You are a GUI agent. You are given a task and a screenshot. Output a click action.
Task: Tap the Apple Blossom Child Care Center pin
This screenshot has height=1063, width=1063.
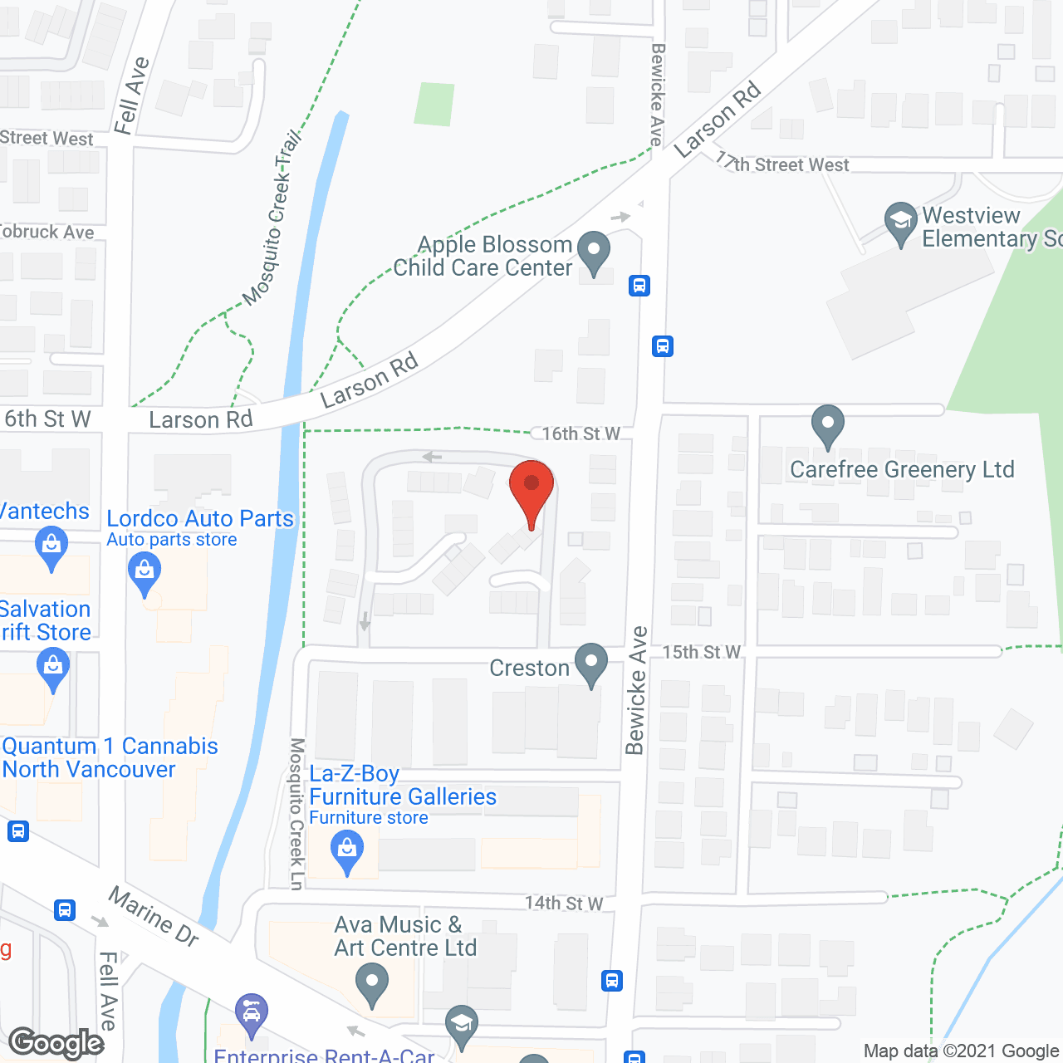click(x=593, y=252)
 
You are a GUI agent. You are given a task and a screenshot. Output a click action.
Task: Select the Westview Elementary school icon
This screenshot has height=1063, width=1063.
click(x=900, y=223)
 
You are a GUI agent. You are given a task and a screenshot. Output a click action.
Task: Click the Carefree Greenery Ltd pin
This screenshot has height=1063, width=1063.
click(x=827, y=425)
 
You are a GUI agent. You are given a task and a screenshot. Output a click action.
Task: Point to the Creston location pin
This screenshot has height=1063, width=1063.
click(x=591, y=664)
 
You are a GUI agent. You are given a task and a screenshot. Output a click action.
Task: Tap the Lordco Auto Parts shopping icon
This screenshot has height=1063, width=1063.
click(x=145, y=573)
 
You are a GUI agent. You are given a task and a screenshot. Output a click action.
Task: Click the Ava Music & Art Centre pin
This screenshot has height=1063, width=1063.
click(x=371, y=986)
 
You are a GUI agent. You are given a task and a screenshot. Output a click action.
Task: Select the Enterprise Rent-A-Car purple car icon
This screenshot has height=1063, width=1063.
click(x=251, y=1013)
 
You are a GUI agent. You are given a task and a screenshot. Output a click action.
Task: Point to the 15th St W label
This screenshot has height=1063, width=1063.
click(x=701, y=652)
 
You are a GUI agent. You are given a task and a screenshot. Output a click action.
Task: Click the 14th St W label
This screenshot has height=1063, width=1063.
click(x=564, y=903)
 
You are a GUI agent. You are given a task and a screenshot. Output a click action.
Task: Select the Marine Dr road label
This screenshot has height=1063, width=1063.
click(x=154, y=916)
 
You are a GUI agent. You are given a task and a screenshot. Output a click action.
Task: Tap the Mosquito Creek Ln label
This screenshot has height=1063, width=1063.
click(x=296, y=814)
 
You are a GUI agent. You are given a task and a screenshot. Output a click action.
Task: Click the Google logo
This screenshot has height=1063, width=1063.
click(x=56, y=1043)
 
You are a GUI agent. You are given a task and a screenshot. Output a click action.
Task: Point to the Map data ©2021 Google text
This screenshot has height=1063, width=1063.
click(x=962, y=1051)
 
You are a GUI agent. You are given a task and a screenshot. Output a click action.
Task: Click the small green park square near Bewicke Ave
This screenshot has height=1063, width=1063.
click(x=435, y=104)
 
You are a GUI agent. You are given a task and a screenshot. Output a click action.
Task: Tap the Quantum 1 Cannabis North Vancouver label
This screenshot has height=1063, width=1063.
click(x=110, y=757)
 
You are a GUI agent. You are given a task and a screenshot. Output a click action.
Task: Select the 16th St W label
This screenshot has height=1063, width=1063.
click(x=580, y=434)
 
